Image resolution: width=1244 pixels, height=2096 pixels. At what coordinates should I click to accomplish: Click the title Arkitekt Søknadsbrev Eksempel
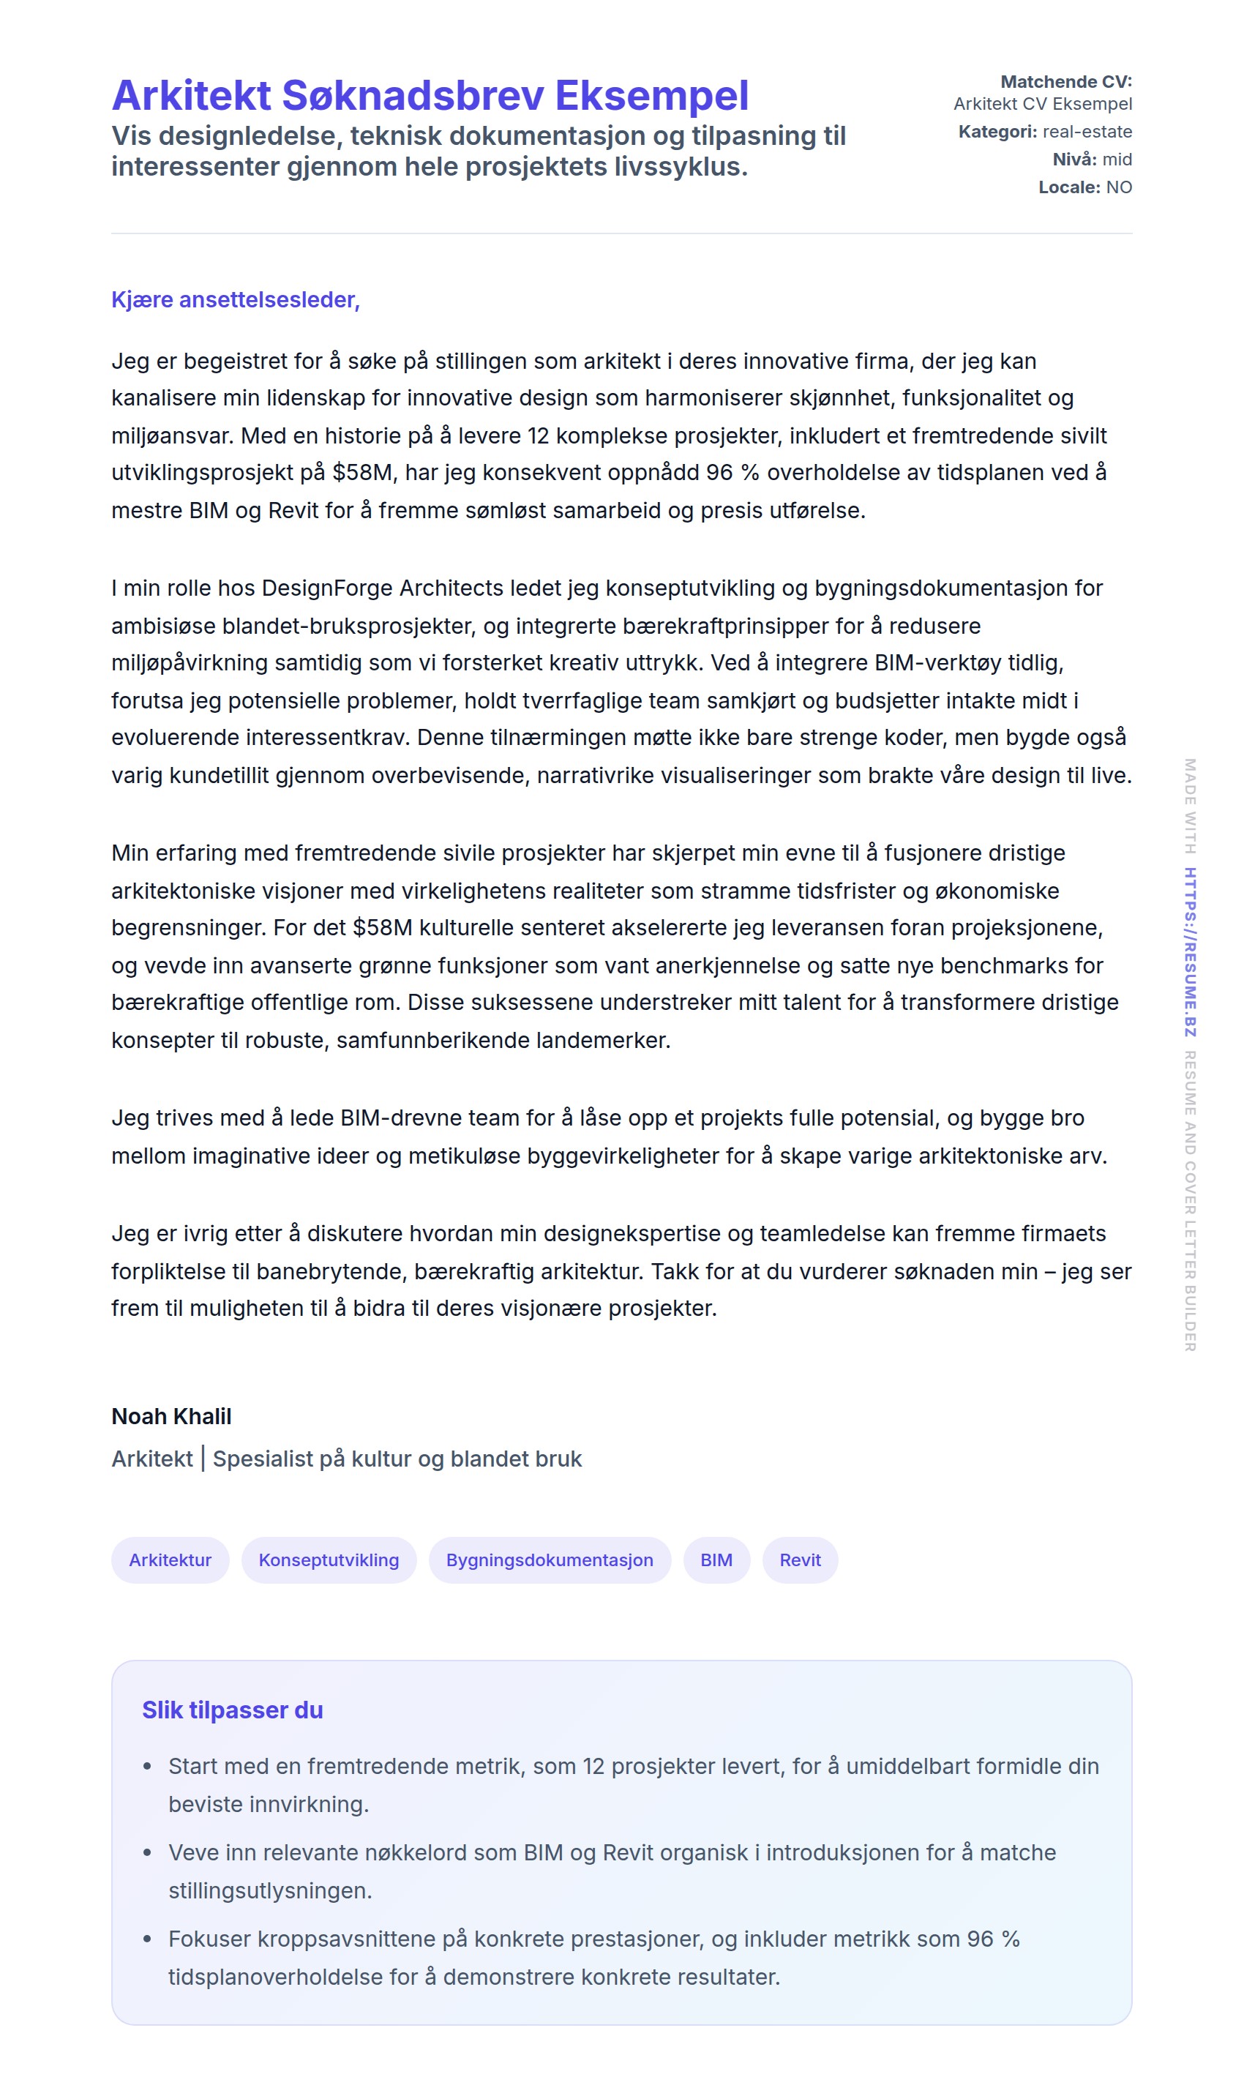pyautogui.click(x=430, y=96)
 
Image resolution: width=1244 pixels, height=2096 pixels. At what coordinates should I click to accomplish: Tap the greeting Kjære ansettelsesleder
pyautogui.click(x=236, y=300)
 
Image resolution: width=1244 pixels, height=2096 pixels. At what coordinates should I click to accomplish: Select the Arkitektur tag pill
pyautogui.click(x=171, y=1560)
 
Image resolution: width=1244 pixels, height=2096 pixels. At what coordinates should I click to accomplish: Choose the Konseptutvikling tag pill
pyautogui.click(x=329, y=1560)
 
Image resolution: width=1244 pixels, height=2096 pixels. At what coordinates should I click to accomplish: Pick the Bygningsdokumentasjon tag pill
pyautogui.click(x=549, y=1560)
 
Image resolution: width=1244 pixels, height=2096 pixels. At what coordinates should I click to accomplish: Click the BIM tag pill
pyautogui.click(x=716, y=1560)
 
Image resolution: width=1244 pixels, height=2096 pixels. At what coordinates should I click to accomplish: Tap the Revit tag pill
pyautogui.click(x=800, y=1560)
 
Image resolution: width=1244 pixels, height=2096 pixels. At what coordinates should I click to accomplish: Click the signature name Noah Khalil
pyautogui.click(x=171, y=1416)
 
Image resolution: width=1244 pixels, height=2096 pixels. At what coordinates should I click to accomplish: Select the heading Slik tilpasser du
pyautogui.click(x=232, y=1710)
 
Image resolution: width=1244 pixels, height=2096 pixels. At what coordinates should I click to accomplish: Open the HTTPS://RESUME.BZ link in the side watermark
pyautogui.click(x=1190, y=951)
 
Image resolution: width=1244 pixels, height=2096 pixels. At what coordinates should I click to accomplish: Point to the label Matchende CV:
pyautogui.click(x=1065, y=82)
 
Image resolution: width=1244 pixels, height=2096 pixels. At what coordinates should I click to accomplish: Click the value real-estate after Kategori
pyautogui.click(x=1087, y=132)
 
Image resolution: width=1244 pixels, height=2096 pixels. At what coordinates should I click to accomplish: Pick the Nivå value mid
pyautogui.click(x=1117, y=160)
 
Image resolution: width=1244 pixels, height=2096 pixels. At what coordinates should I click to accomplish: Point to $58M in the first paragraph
pyautogui.click(x=362, y=473)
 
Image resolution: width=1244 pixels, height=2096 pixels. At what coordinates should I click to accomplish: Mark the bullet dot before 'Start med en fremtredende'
pyautogui.click(x=148, y=1767)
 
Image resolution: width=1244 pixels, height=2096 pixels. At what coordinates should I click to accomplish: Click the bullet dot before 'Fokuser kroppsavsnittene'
pyautogui.click(x=148, y=1939)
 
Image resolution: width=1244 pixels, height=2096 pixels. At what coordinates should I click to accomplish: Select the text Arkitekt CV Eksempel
pyautogui.click(x=1042, y=104)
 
